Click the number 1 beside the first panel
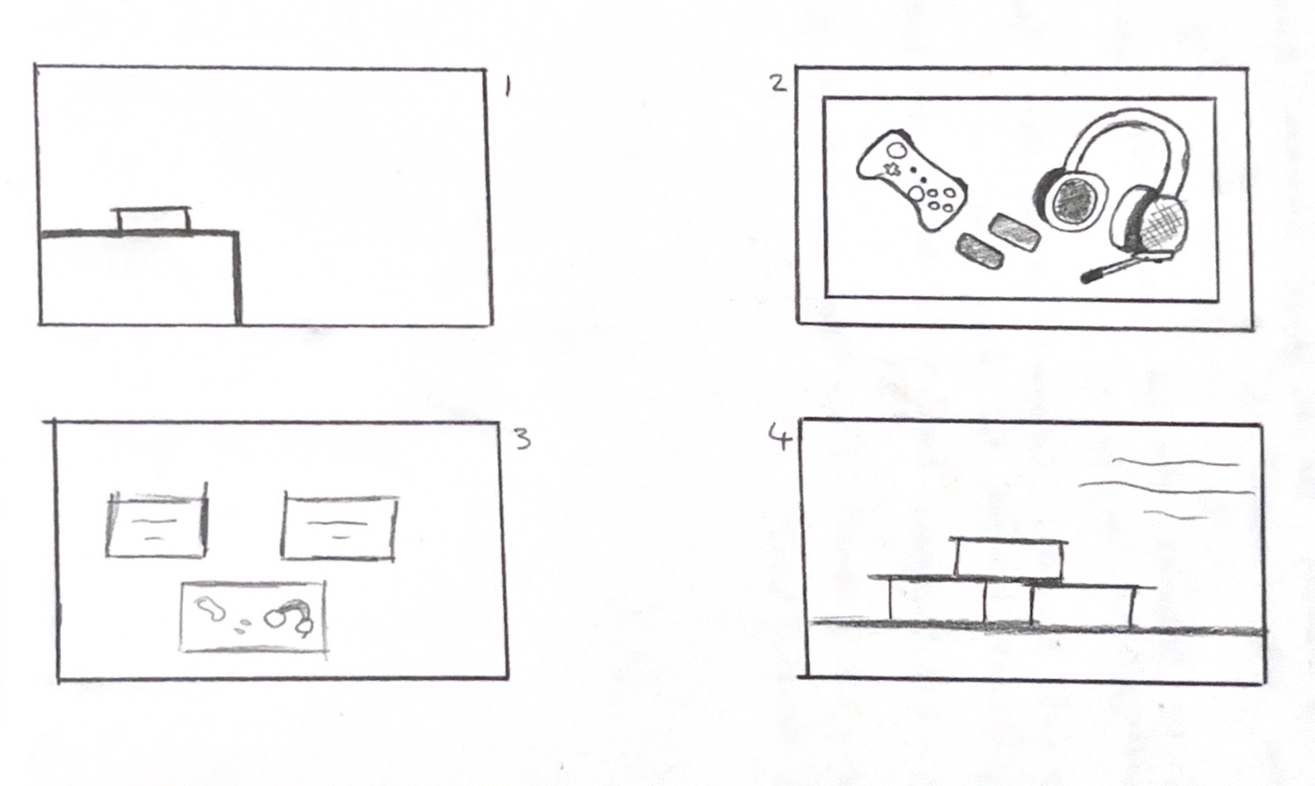click(x=508, y=88)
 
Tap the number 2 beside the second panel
click(x=778, y=83)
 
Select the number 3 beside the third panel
click(x=523, y=439)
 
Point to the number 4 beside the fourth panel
click(x=780, y=437)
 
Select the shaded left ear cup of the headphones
click(x=1070, y=200)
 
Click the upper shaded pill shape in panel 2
click(x=1015, y=232)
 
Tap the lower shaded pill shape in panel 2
click(x=979, y=252)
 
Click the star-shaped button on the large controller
click(x=891, y=170)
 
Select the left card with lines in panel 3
click(x=157, y=524)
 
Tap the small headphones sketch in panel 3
click(x=290, y=617)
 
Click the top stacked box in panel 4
click(x=1008, y=558)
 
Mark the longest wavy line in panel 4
click(x=1166, y=486)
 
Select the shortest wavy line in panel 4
click(x=1176, y=515)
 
